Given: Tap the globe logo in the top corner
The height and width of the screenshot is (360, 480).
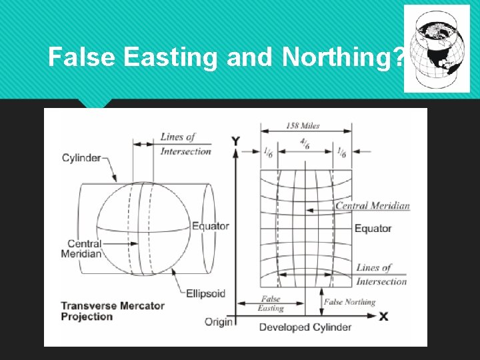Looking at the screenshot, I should [437, 49].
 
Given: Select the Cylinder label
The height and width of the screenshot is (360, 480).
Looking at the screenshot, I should [81, 158].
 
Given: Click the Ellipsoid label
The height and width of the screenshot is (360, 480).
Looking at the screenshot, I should [205, 293].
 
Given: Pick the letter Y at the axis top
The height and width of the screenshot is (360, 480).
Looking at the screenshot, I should [235, 141].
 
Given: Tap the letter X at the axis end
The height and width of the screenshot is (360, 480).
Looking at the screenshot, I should [383, 317].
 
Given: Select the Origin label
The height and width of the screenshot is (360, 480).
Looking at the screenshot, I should [218, 322].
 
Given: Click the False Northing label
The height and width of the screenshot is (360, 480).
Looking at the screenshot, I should [349, 302].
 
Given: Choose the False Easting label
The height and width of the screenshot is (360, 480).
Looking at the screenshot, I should [271, 304].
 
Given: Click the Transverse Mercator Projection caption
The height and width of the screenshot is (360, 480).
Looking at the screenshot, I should [113, 311].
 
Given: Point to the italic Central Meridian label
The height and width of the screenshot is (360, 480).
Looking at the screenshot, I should [372, 206].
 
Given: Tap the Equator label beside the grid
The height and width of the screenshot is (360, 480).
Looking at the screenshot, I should [373, 229].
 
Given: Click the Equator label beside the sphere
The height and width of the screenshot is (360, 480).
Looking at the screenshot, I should [210, 226].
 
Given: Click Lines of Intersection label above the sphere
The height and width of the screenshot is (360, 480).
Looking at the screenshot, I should [185, 144].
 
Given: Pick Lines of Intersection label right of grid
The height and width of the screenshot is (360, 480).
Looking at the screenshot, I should [381, 275].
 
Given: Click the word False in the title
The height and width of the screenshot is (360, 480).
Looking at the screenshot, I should [83, 59].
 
